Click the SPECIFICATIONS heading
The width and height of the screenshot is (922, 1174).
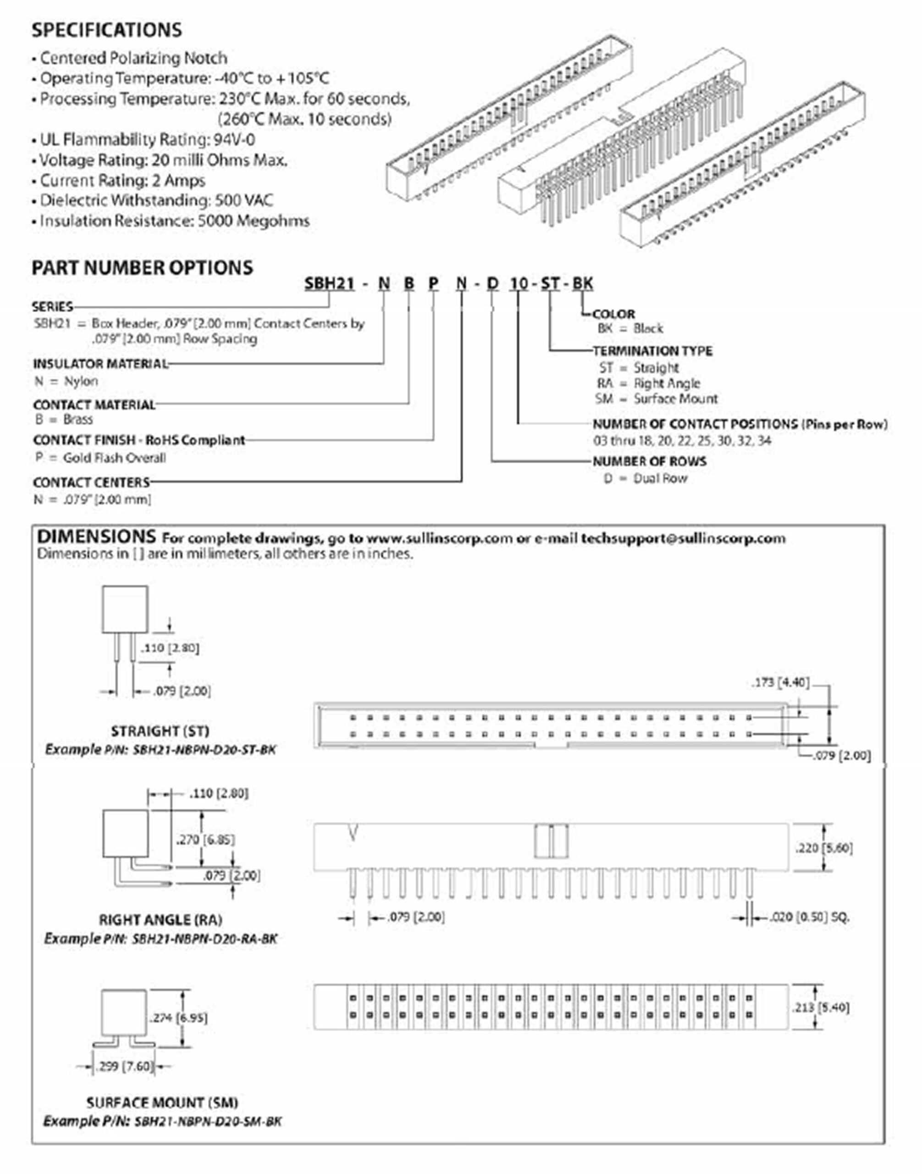point(106,30)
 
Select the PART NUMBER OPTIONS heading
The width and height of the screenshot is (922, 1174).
point(142,268)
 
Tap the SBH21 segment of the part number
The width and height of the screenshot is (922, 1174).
point(329,283)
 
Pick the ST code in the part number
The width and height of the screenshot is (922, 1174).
point(550,283)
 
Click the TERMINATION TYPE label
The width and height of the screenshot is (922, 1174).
point(652,351)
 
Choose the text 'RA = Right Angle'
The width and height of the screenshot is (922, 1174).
point(648,383)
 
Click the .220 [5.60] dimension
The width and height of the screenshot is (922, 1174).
point(824,848)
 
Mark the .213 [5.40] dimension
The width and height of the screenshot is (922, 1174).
point(821,1007)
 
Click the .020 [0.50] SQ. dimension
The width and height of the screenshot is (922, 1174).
point(809,917)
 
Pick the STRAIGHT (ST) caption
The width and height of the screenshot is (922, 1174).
point(160,731)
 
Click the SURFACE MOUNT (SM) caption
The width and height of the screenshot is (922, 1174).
point(162,1102)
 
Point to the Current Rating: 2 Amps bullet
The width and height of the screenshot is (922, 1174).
point(122,180)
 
